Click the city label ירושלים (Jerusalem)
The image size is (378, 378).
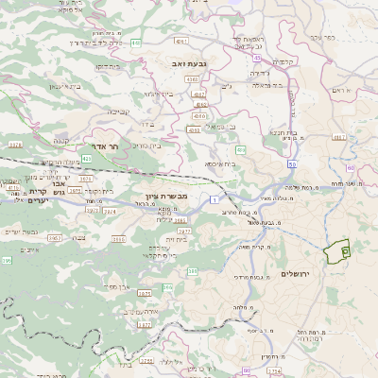point(296,272)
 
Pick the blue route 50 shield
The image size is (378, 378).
point(292,164)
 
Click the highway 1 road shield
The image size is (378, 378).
point(215,200)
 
